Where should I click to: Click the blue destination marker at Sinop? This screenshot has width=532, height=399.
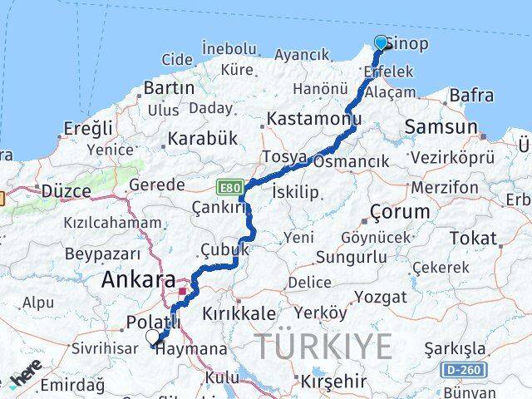point(381,42)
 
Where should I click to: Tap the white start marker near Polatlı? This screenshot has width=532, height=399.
point(153,337)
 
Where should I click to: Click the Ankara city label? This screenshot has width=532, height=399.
point(138,281)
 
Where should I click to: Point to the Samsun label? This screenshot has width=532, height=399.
point(440,127)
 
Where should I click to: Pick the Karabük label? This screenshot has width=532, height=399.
point(202,138)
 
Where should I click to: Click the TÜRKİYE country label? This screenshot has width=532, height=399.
point(323,346)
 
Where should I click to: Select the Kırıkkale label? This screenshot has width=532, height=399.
point(239,313)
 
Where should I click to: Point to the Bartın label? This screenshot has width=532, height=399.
point(168,87)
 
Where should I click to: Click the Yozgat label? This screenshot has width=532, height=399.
point(381,297)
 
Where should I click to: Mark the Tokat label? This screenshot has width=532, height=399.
point(472,239)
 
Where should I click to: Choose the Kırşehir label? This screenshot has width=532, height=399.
point(332,381)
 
